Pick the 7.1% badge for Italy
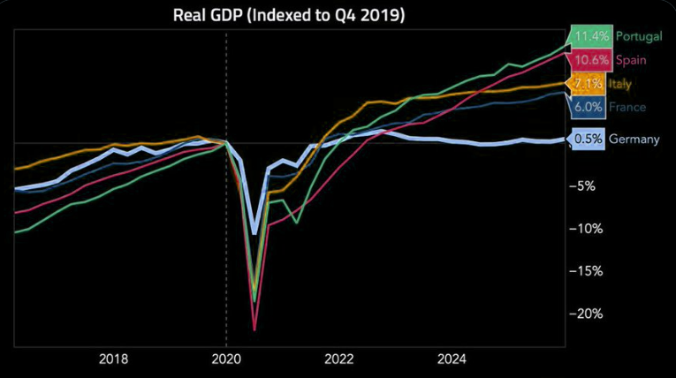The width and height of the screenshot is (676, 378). point(588,84)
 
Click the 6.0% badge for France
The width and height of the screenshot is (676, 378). point(588,108)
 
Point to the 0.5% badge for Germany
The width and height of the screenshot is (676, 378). point(588,139)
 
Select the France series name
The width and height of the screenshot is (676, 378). point(628,108)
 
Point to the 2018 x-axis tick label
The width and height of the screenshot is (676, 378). point(113,359)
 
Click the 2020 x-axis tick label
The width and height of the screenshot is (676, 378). point(226,359)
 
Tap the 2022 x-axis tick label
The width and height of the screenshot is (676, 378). point(339,359)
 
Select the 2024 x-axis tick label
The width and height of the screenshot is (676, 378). point(452,359)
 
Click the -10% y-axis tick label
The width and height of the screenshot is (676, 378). point(586,229)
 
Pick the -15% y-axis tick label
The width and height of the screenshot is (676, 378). point(586,271)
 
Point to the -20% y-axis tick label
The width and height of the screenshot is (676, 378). point(586,314)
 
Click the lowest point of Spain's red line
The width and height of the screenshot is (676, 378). point(254,329)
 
